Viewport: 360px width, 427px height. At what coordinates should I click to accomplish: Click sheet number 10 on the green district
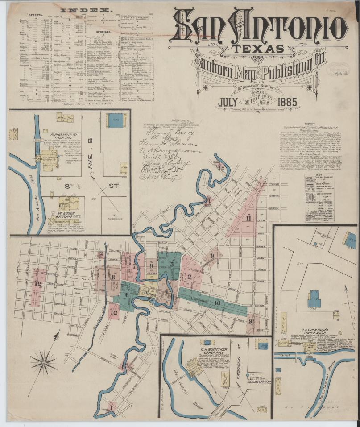[x=218, y=303]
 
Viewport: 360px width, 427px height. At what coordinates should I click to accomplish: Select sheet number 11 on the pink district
[x=248, y=218]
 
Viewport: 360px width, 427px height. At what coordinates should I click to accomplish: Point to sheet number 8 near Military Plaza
[x=113, y=277]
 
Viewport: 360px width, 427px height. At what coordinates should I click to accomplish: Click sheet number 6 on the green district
[x=127, y=294]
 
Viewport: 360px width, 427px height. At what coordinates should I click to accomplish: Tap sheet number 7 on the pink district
[x=134, y=266]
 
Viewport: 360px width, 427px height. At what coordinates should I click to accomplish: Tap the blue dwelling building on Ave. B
[x=114, y=120]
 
